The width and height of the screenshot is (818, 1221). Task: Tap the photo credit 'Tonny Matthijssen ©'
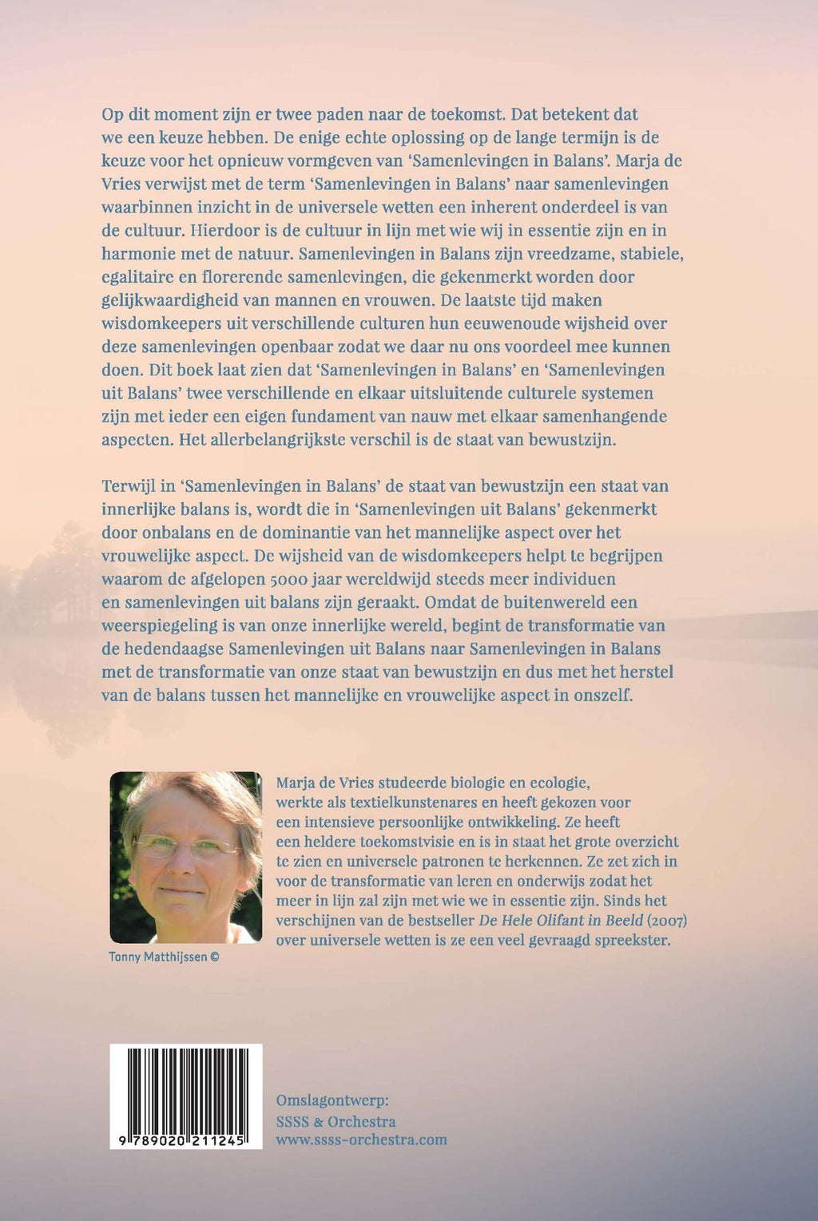[164, 957]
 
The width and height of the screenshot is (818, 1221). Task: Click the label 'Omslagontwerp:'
[332, 1100]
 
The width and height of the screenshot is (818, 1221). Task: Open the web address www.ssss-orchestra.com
[361, 1140]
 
